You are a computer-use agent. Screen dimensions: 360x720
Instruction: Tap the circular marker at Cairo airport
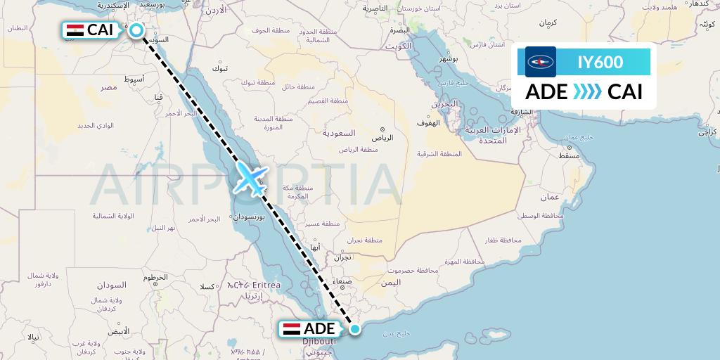(136, 30)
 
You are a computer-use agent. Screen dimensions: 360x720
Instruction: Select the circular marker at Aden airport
(355, 329)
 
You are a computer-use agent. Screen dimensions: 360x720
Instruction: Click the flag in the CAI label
(75, 30)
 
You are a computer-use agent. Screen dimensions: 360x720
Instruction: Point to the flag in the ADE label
(292, 329)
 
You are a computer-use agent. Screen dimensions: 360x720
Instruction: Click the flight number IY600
(600, 62)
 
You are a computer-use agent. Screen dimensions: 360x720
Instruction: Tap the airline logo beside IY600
(541, 62)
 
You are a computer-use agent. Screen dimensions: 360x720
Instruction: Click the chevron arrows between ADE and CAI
(587, 92)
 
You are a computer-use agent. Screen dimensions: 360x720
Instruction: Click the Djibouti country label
(319, 342)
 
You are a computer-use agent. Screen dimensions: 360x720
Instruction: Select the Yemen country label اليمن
(391, 282)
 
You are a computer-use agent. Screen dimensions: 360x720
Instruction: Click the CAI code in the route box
(625, 92)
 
